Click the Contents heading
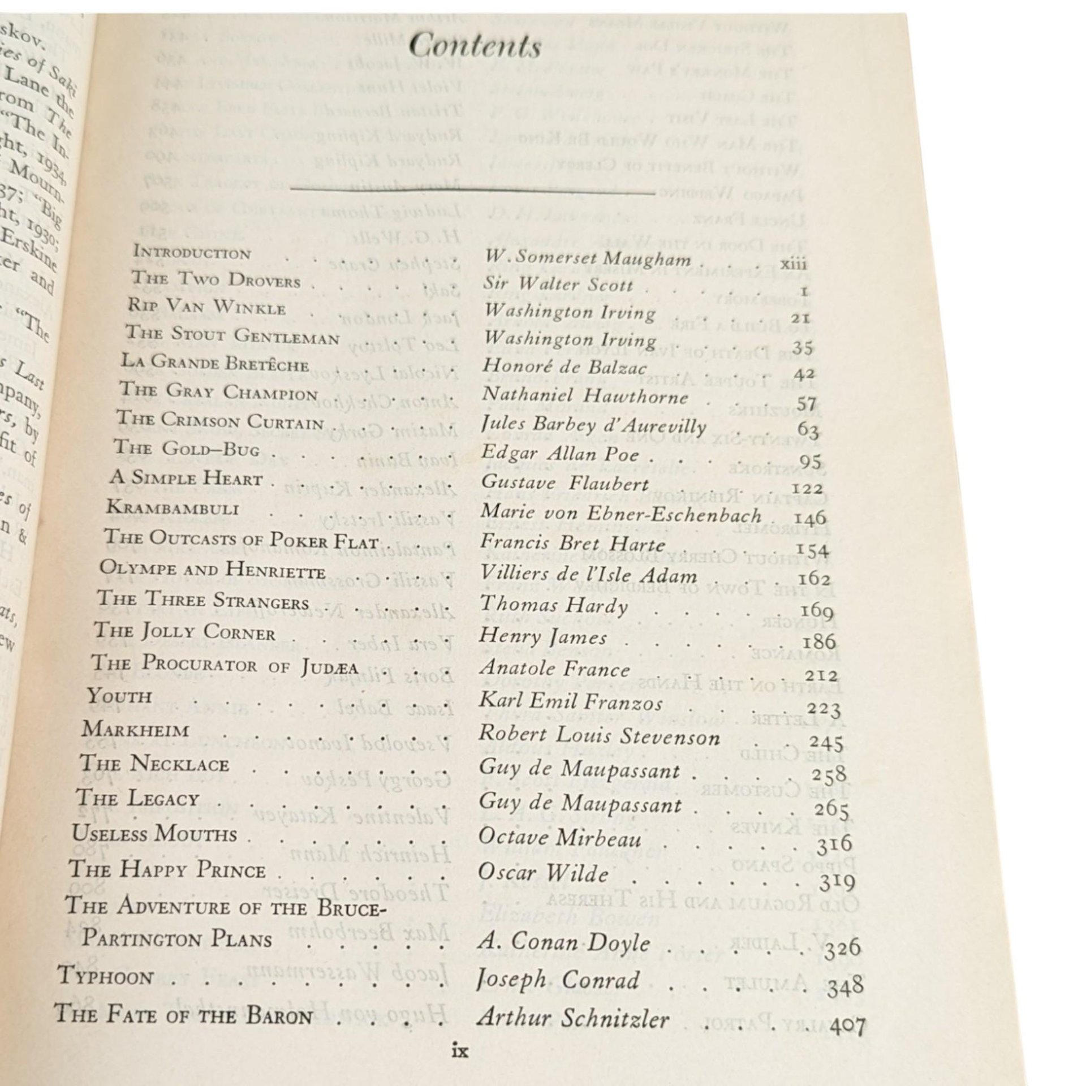475,47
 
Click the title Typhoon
106,976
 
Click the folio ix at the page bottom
461,1052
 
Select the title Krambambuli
172,507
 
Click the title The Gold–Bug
187,449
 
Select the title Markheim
135,729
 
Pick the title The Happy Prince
167,870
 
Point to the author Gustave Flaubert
564,484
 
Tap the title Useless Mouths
154,834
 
